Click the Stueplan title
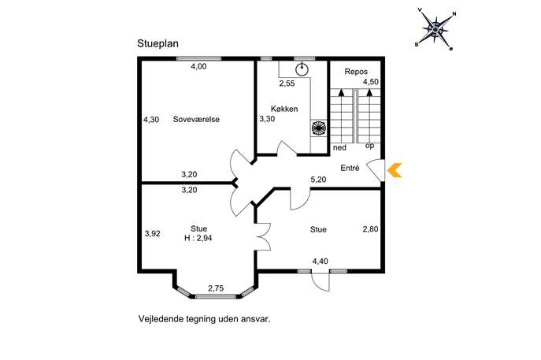point(157,44)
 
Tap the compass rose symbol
point(435,30)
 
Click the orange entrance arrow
point(395,170)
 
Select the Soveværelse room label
point(196,120)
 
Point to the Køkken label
point(284,109)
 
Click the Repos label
point(356,72)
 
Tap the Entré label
point(350,168)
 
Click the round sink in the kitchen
point(302,70)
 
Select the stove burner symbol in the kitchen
point(318,128)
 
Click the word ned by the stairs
point(339,148)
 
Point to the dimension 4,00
point(198,67)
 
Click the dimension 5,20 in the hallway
point(318,180)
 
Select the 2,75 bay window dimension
point(216,288)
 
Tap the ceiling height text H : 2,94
point(198,238)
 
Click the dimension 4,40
point(320,262)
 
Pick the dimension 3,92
point(152,234)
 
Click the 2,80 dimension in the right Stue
point(370,228)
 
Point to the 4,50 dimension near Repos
point(370,82)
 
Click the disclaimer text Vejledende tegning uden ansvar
point(204,318)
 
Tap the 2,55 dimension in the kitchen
point(287,84)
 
